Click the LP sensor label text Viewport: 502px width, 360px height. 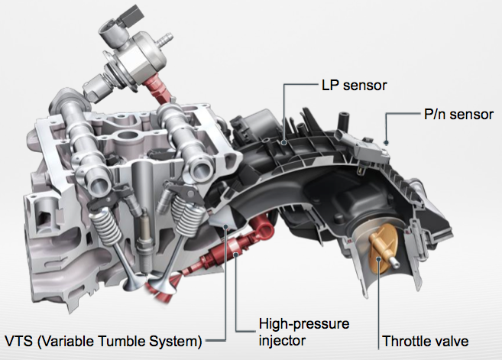click(354, 86)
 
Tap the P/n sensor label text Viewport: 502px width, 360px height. click(458, 115)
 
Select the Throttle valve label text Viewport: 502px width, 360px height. click(426, 341)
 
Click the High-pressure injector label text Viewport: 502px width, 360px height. click(304, 332)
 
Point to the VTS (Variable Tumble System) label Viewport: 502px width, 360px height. click(103, 341)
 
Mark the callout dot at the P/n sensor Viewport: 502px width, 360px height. click(387, 142)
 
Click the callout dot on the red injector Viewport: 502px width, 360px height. click(236, 255)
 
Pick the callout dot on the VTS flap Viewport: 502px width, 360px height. click(225, 227)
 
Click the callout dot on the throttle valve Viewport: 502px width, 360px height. click(379, 259)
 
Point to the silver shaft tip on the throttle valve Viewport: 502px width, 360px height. click(395, 265)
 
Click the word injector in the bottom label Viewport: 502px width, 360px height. click(282, 340)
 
